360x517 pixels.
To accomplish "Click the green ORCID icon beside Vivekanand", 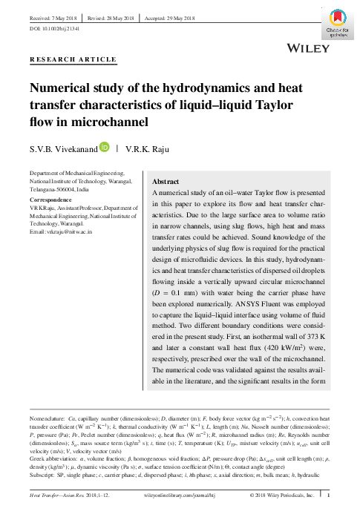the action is tap(105, 148).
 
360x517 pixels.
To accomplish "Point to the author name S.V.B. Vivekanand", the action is tap(62, 149).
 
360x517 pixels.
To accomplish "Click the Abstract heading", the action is tap(166, 181).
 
